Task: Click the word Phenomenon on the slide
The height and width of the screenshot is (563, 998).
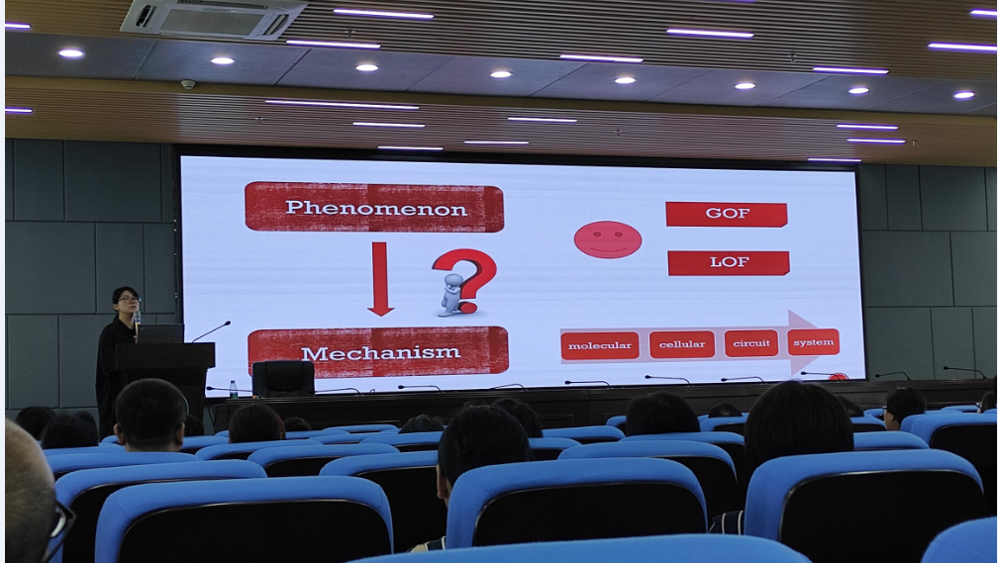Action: point(376,208)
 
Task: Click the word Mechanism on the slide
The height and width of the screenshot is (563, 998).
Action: point(380,353)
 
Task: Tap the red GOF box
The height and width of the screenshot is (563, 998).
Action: point(727,215)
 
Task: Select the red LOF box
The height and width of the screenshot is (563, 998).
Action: point(729,263)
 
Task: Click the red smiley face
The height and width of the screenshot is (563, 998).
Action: point(608,239)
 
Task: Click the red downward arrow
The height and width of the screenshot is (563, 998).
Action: point(380,279)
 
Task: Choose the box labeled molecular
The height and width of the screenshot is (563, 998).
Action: point(600,345)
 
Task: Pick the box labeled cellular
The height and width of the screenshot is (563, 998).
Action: point(681,344)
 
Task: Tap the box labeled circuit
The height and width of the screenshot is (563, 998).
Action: point(751,343)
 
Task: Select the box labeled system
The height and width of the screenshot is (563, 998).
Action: point(814,342)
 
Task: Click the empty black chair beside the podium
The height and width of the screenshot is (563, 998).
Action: point(283,379)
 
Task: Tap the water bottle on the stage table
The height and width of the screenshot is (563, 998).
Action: point(233,389)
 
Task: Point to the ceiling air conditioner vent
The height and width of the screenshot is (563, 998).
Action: point(214,18)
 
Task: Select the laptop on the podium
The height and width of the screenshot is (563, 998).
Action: point(160,333)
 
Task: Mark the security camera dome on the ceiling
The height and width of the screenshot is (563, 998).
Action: point(188,84)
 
